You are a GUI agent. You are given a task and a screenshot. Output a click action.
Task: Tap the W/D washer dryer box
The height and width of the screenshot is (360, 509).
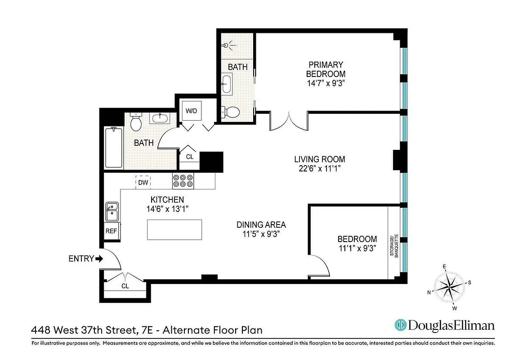[x=192, y=111]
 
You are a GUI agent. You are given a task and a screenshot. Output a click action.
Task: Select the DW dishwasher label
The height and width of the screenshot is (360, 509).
[x=143, y=182]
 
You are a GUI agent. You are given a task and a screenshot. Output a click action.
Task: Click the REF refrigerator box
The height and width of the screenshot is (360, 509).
[x=111, y=231]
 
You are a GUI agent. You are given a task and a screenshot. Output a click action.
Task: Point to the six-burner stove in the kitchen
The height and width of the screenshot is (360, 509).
[x=183, y=181]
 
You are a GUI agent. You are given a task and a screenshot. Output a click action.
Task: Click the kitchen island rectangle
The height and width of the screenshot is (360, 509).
[x=174, y=229]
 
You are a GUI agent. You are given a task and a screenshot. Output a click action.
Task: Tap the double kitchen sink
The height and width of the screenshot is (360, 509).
[x=112, y=212]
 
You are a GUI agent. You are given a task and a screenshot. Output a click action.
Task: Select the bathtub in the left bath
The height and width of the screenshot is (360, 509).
[x=113, y=148]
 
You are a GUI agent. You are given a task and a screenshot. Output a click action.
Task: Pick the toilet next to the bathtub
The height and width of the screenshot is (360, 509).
[x=136, y=121]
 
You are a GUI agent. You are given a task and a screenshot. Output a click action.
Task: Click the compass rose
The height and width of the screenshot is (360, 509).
[x=449, y=287]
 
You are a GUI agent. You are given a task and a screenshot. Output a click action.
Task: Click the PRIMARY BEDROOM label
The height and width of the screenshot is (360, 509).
[x=326, y=69]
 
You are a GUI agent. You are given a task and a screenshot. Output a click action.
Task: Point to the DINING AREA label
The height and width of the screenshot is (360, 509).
[x=261, y=225]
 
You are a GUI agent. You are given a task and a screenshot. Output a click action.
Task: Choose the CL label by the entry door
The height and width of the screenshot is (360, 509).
[x=125, y=286]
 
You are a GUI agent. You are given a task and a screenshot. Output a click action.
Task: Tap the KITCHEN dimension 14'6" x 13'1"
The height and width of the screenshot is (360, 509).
[x=167, y=209]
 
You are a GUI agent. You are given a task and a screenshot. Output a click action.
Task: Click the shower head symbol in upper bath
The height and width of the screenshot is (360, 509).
[x=228, y=45]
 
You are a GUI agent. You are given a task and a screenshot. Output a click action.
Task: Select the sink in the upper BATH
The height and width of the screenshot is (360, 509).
[x=227, y=84]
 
